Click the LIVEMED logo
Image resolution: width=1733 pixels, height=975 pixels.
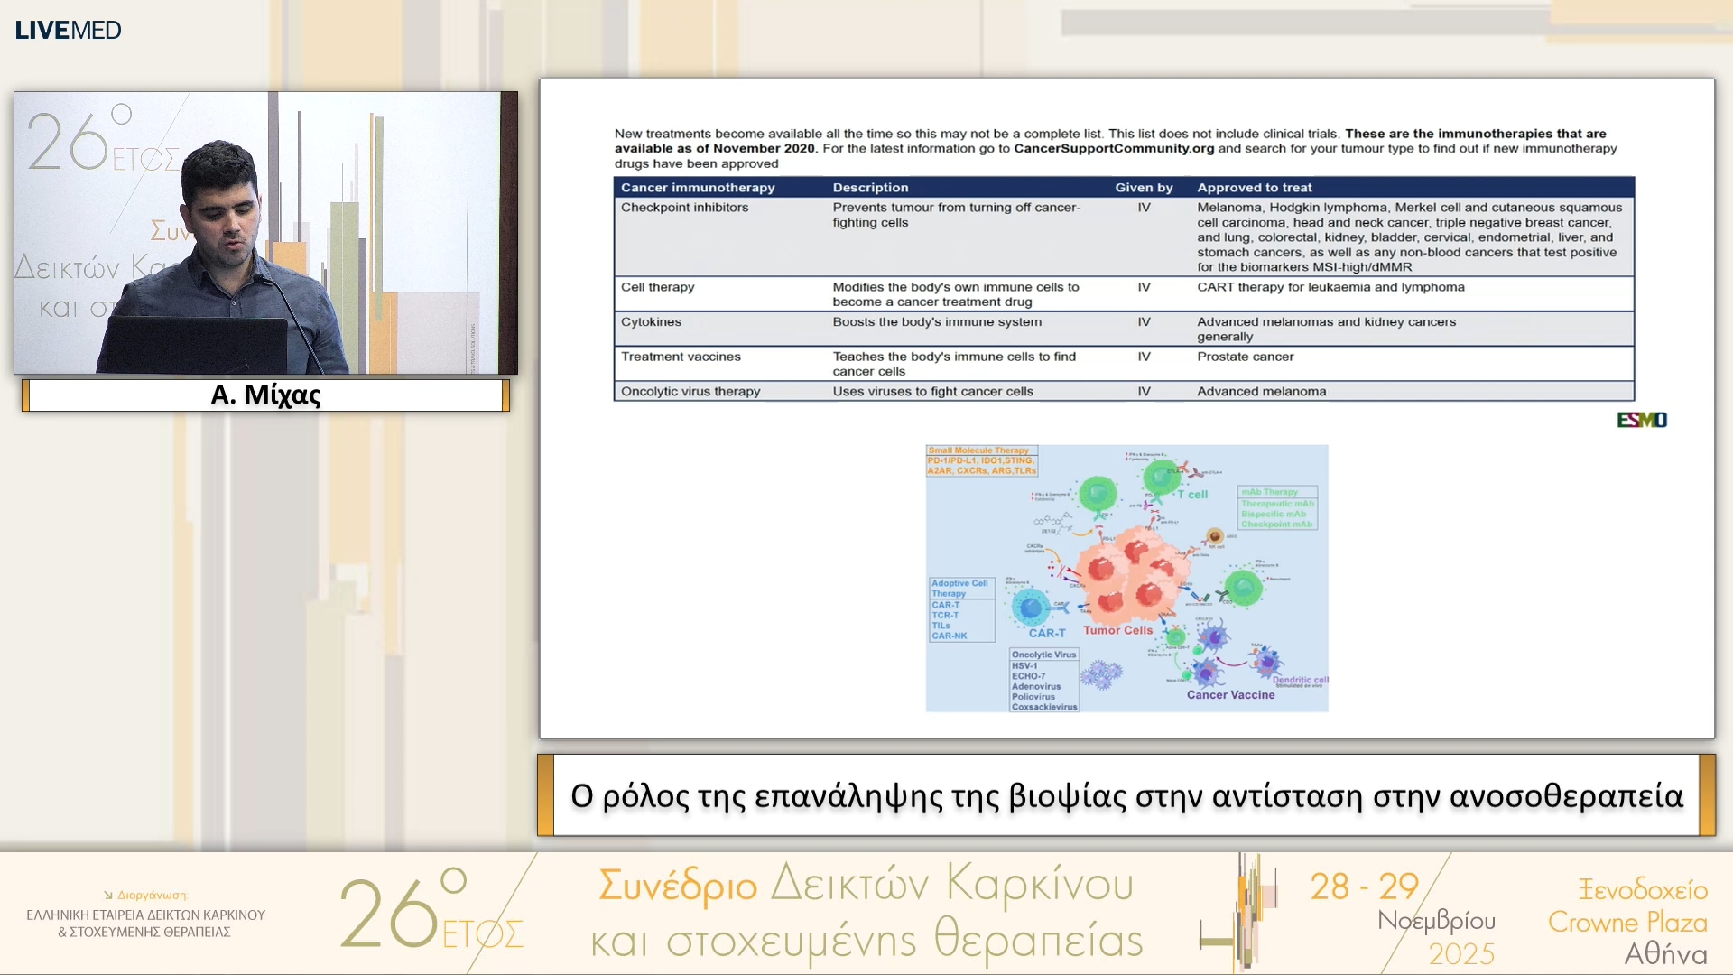click(68, 30)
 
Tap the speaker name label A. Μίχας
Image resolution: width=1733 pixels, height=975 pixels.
click(265, 395)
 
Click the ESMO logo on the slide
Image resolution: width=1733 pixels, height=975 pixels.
click(1641, 420)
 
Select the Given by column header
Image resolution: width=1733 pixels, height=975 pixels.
click(1144, 188)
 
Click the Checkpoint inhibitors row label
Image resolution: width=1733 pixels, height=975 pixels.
click(684, 208)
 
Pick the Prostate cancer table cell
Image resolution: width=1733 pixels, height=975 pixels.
click(1245, 357)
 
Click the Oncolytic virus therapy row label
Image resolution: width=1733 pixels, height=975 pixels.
click(690, 392)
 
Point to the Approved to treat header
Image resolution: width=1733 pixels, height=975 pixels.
click(1254, 188)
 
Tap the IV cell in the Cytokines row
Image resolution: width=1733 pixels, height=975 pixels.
click(1144, 322)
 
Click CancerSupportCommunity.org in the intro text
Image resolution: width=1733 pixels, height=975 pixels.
click(1113, 149)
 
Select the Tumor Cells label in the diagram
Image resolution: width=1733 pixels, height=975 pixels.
click(1117, 630)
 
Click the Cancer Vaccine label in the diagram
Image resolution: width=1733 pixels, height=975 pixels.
click(1230, 694)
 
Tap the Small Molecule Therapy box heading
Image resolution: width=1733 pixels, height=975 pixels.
click(978, 450)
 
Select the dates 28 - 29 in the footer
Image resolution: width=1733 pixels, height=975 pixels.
click(1364, 887)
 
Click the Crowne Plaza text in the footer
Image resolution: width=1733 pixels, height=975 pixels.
click(1627, 922)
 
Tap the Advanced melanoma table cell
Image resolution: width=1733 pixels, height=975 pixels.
click(1261, 392)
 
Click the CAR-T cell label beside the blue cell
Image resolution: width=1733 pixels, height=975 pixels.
click(1046, 633)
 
